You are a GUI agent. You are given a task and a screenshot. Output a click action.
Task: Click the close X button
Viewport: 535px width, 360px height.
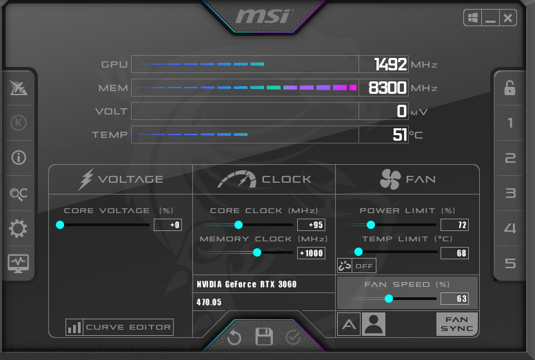tap(508, 18)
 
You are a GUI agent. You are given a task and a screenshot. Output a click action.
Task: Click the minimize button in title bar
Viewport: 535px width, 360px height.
tap(490, 18)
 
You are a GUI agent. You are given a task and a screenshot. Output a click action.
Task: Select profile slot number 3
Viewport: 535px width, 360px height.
tap(510, 193)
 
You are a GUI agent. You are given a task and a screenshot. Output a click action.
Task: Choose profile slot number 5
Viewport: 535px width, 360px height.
tap(510, 263)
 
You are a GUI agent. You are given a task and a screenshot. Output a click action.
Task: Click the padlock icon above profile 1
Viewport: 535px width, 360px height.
tap(509, 88)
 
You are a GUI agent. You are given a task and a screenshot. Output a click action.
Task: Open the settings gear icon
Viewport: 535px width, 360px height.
tap(18, 228)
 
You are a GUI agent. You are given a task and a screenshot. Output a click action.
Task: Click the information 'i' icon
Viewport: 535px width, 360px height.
tap(18, 157)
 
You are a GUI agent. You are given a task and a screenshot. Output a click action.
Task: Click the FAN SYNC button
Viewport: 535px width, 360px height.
tap(456, 324)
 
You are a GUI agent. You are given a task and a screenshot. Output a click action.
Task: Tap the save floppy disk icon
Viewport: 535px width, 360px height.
tap(264, 337)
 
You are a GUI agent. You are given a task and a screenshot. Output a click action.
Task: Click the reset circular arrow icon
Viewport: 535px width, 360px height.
tap(234, 337)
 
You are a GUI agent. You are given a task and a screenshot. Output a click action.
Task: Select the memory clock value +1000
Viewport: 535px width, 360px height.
tap(311, 253)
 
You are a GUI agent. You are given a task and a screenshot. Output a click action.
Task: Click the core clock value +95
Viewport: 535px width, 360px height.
tap(311, 225)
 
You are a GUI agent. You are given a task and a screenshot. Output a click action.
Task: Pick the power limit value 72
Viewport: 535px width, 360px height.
tap(454, 225)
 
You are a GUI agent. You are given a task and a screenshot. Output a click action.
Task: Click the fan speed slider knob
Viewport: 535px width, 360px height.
tap(389, 299)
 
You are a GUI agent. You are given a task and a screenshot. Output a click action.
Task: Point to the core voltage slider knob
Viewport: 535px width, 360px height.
tap(60, 225)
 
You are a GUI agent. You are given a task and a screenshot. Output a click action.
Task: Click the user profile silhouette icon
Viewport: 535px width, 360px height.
tap(373, 324)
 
